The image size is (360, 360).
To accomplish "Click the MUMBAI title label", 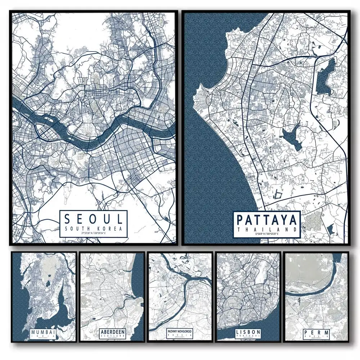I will pos(43,332).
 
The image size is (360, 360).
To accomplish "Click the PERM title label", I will pos(316,332).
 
